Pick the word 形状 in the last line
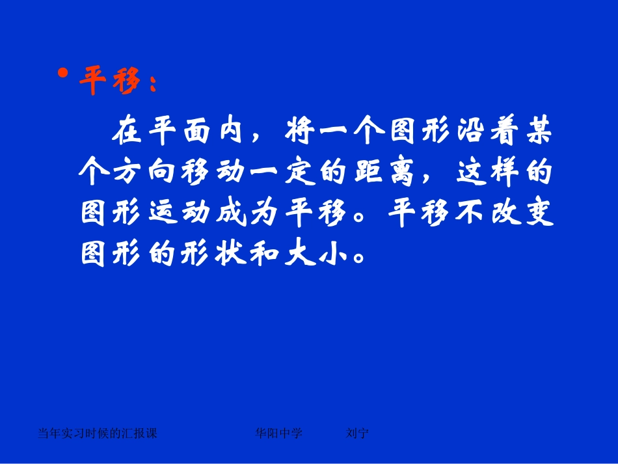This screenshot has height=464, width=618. coord(218,254)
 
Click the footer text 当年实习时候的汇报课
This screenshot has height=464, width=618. coord(98,433)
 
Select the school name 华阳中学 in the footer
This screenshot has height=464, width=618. coord(279,433)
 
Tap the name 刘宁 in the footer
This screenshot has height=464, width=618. coord(358,433)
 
